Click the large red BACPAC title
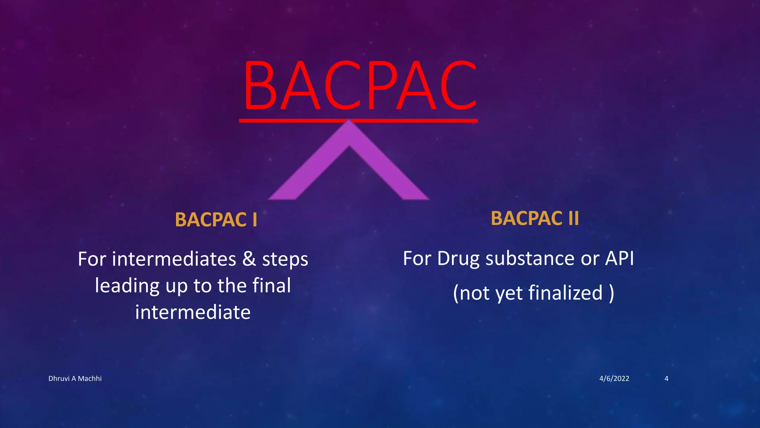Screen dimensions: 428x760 tap(359, 86)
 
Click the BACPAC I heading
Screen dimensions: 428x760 tap(216, 220)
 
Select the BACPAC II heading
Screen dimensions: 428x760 tap(535, 218)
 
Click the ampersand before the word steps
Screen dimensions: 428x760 tap(249, 259)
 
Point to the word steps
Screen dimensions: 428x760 tap(285, 260)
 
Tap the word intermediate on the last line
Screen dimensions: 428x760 tap(193, 312)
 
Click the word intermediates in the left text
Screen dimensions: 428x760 tap(174, 259)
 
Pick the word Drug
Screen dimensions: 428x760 tap(458, 259)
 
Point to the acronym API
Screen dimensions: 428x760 tap(619, 258)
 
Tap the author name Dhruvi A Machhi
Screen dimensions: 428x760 tap(75, 379)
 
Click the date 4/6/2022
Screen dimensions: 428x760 tap(614, 379)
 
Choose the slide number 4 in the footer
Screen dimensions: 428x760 tap(666, 379)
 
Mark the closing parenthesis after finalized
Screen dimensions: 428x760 tap(611, 294)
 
